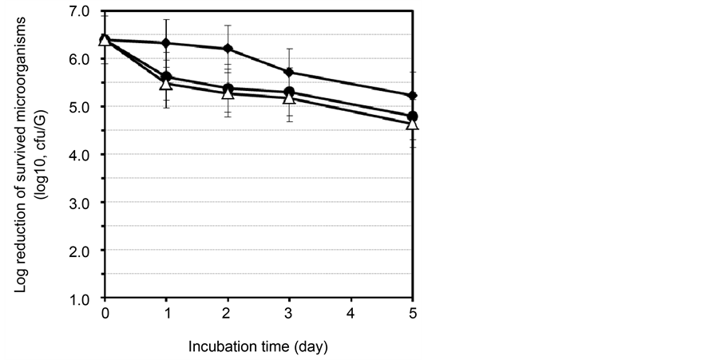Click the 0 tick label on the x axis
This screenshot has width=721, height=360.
(x=105, y=313)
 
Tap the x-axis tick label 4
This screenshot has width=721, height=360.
(x=351, y=313)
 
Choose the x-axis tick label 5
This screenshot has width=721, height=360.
(x=413, y=313)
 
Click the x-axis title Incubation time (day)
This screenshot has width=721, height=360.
(x=258, y=347)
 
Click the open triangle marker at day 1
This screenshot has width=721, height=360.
(x=166, y=83)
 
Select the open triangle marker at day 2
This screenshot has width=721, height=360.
(x=228, y=93)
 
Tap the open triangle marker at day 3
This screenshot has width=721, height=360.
(x=289, y=97)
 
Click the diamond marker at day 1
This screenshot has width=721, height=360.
(x=166, y=42)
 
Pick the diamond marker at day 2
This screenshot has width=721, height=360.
(x=228, y=49)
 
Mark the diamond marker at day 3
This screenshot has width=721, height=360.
(x=289, y=73)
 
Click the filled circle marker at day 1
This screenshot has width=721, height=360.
(x=166, y=77)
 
